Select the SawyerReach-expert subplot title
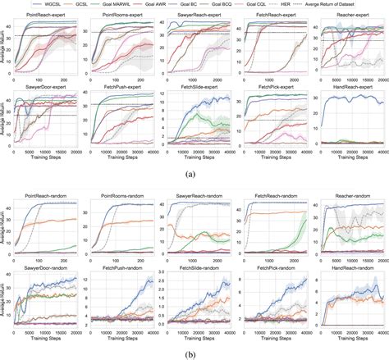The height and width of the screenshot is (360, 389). coord(199,15)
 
